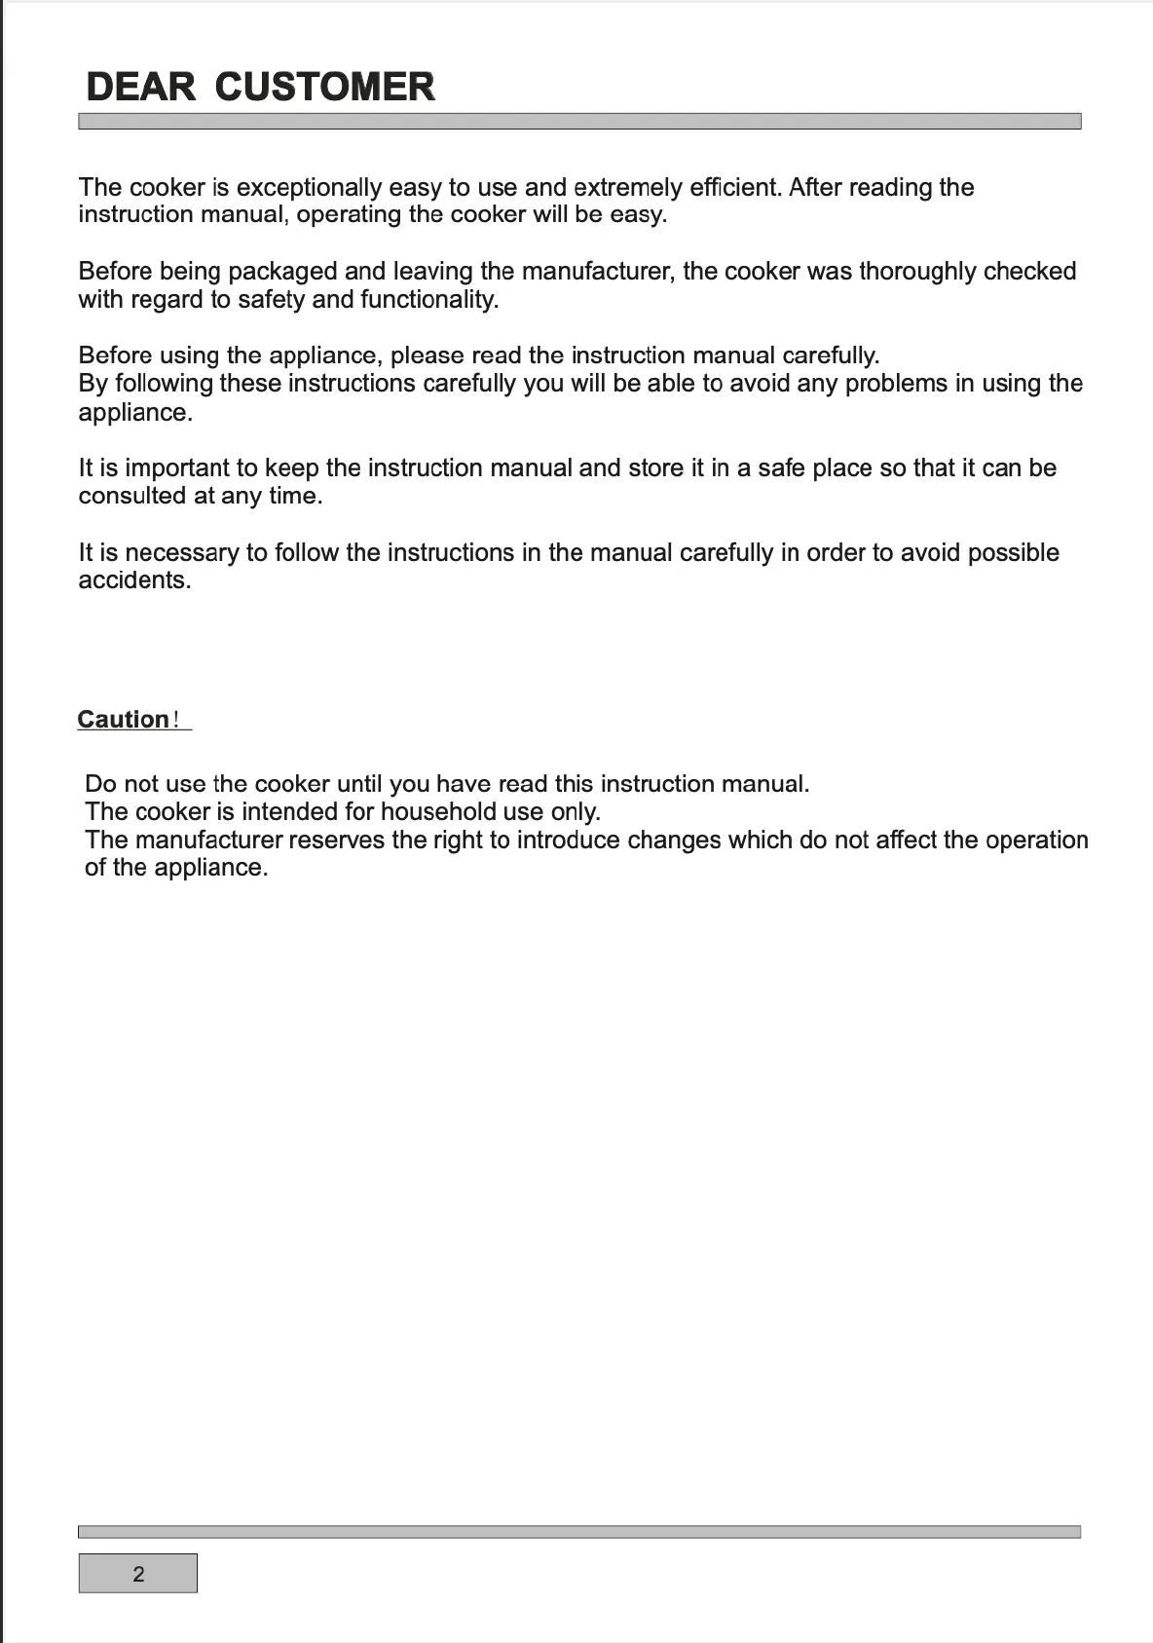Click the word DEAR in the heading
(x=140, y=87)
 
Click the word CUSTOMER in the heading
(x=324, y=87)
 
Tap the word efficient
(x=735, y=187)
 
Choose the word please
(x=427, y=355)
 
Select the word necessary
(x=182, y=553)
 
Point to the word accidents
(x=134, y=580)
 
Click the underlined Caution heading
(x=124, y=720)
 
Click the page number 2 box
(x=138, y=1573)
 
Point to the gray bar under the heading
(x=579, y=122)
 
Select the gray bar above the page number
(x=579, y=1531)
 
